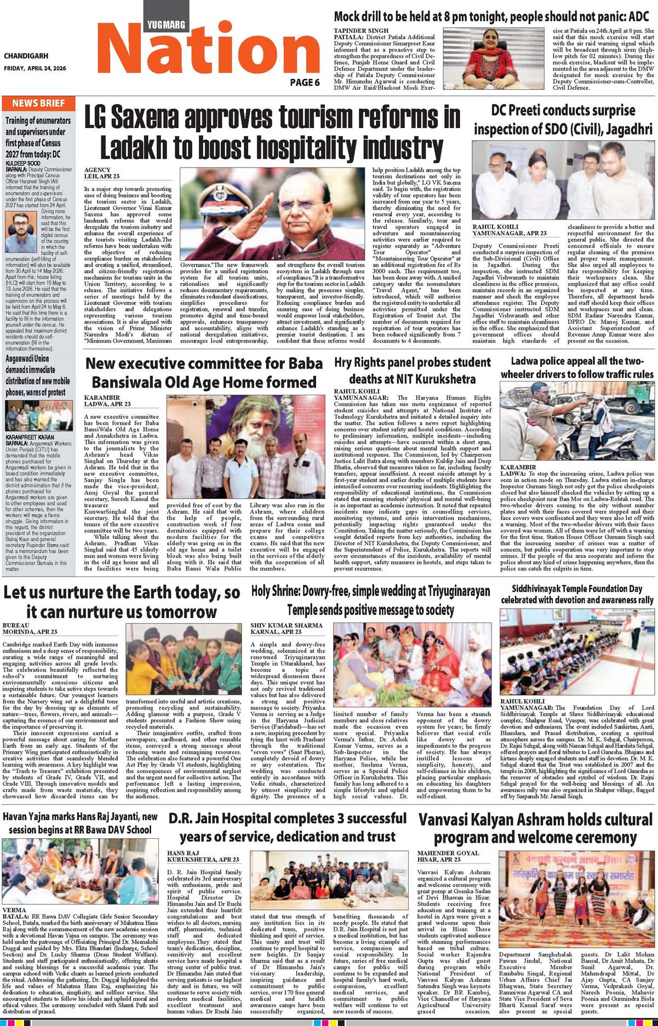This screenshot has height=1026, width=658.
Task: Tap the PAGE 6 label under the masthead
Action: click(305, 83)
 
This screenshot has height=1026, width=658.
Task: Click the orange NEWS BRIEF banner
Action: click(38, 103)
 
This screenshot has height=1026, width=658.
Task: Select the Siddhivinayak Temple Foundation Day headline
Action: click(577, 594)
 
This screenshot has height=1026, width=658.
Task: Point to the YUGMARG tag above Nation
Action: click(166, 25)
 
